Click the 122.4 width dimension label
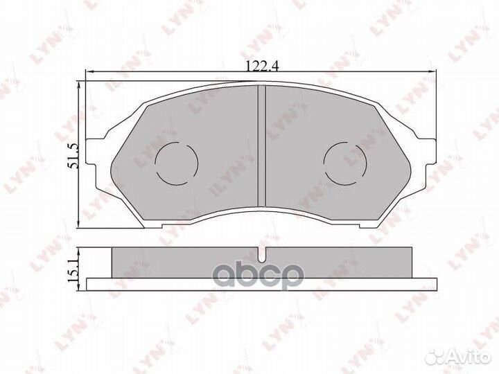click(x=260, y=66)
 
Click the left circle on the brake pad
click(x=176, y=162)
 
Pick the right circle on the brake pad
click(x=344, y=162)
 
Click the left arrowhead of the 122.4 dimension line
click(x=87, y=72)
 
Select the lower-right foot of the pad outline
click(x=367, y=223)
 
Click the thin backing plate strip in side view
click(x=260, y=280)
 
